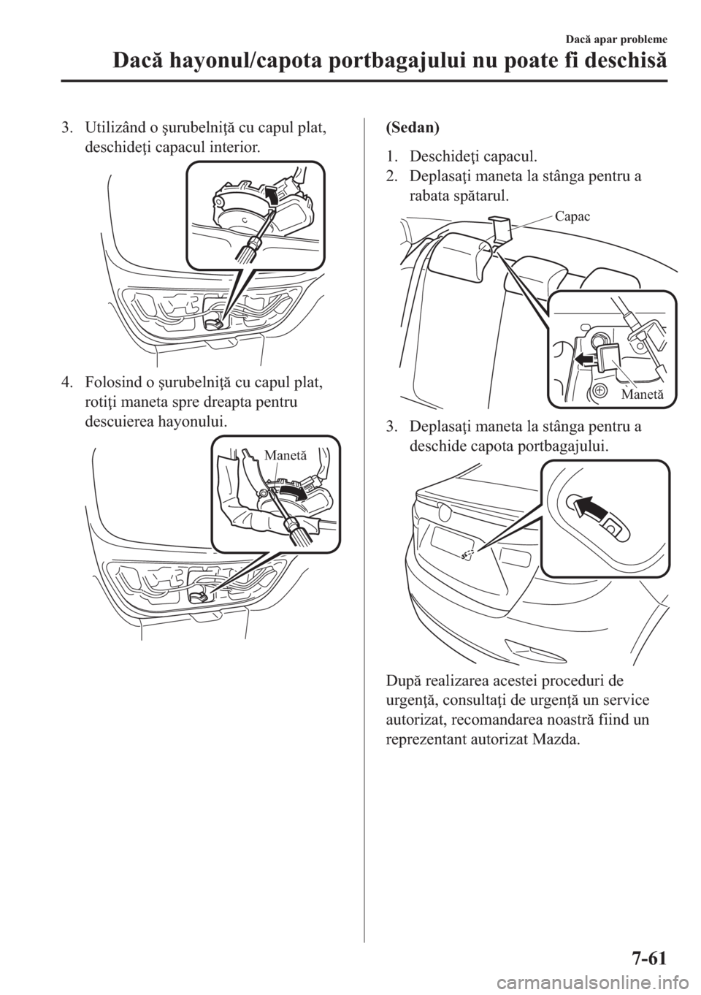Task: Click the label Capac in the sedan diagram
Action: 572,216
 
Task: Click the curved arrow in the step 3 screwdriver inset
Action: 271,196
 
